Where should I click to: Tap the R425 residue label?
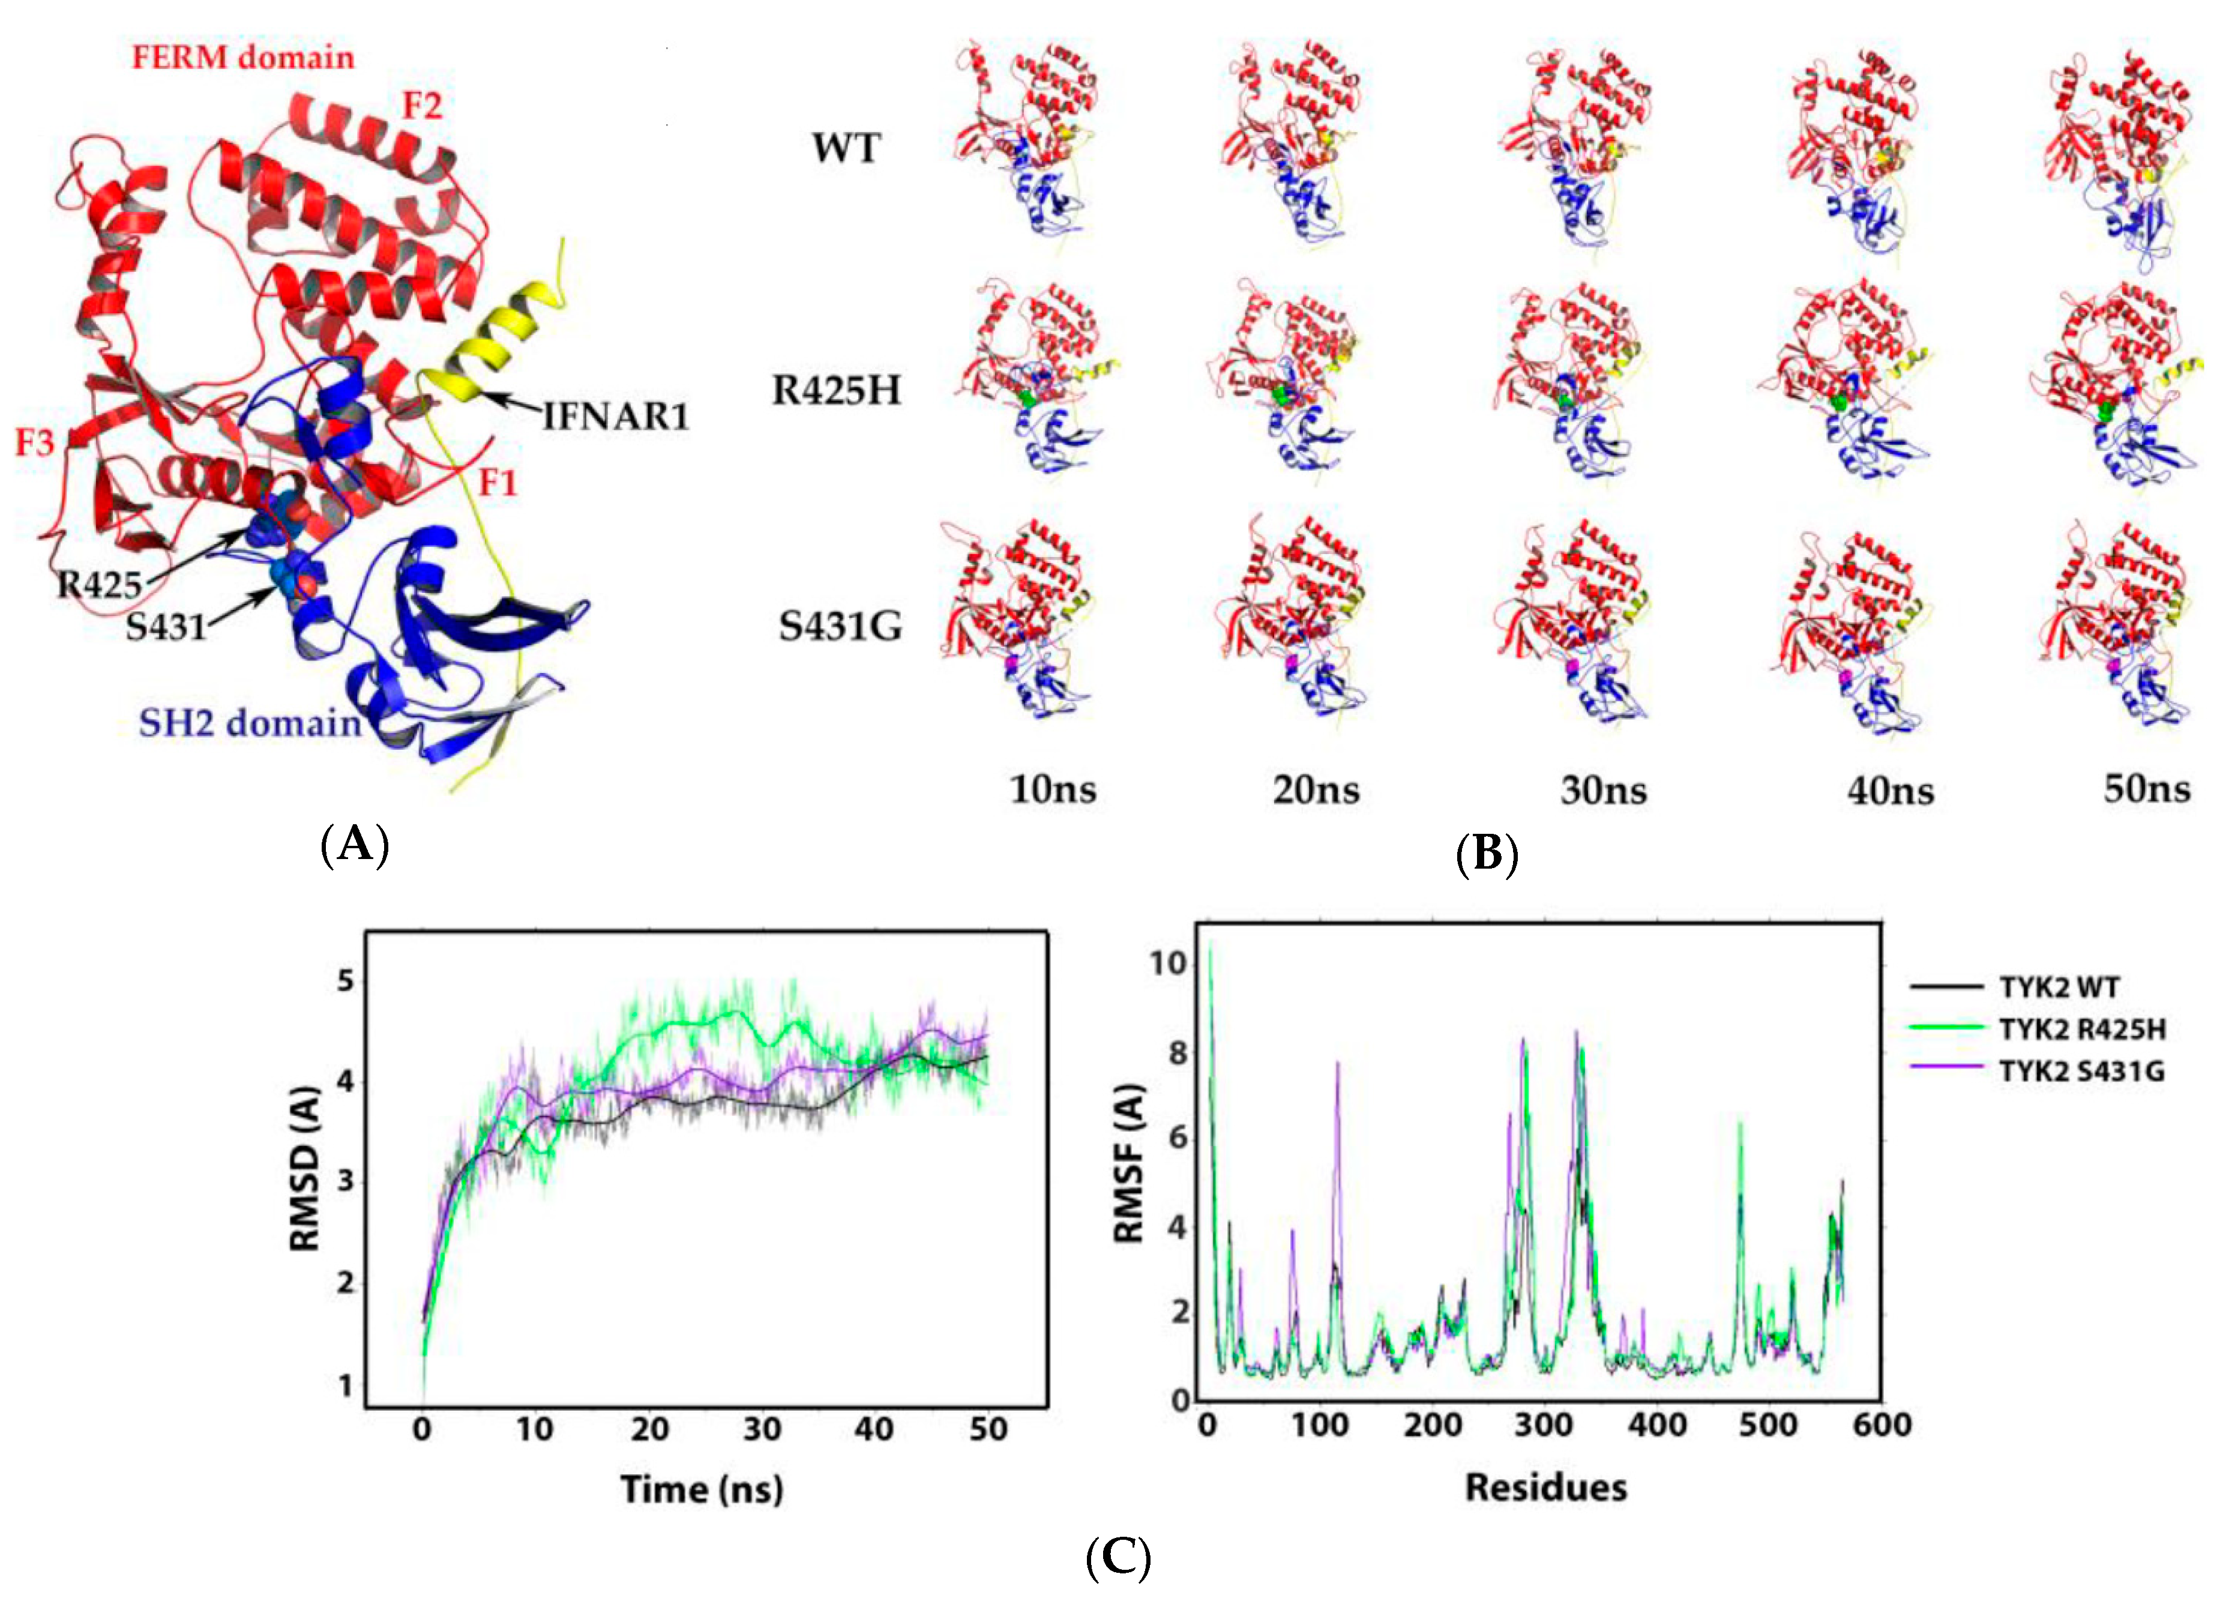point(99,585)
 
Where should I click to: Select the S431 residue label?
point(166,627)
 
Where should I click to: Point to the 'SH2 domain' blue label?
point(250,723)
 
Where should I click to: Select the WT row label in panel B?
point(846,149)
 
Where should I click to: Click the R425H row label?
point(836,390)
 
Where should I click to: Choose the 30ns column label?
point(1604,790)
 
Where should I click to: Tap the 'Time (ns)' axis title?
point(702,1489)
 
